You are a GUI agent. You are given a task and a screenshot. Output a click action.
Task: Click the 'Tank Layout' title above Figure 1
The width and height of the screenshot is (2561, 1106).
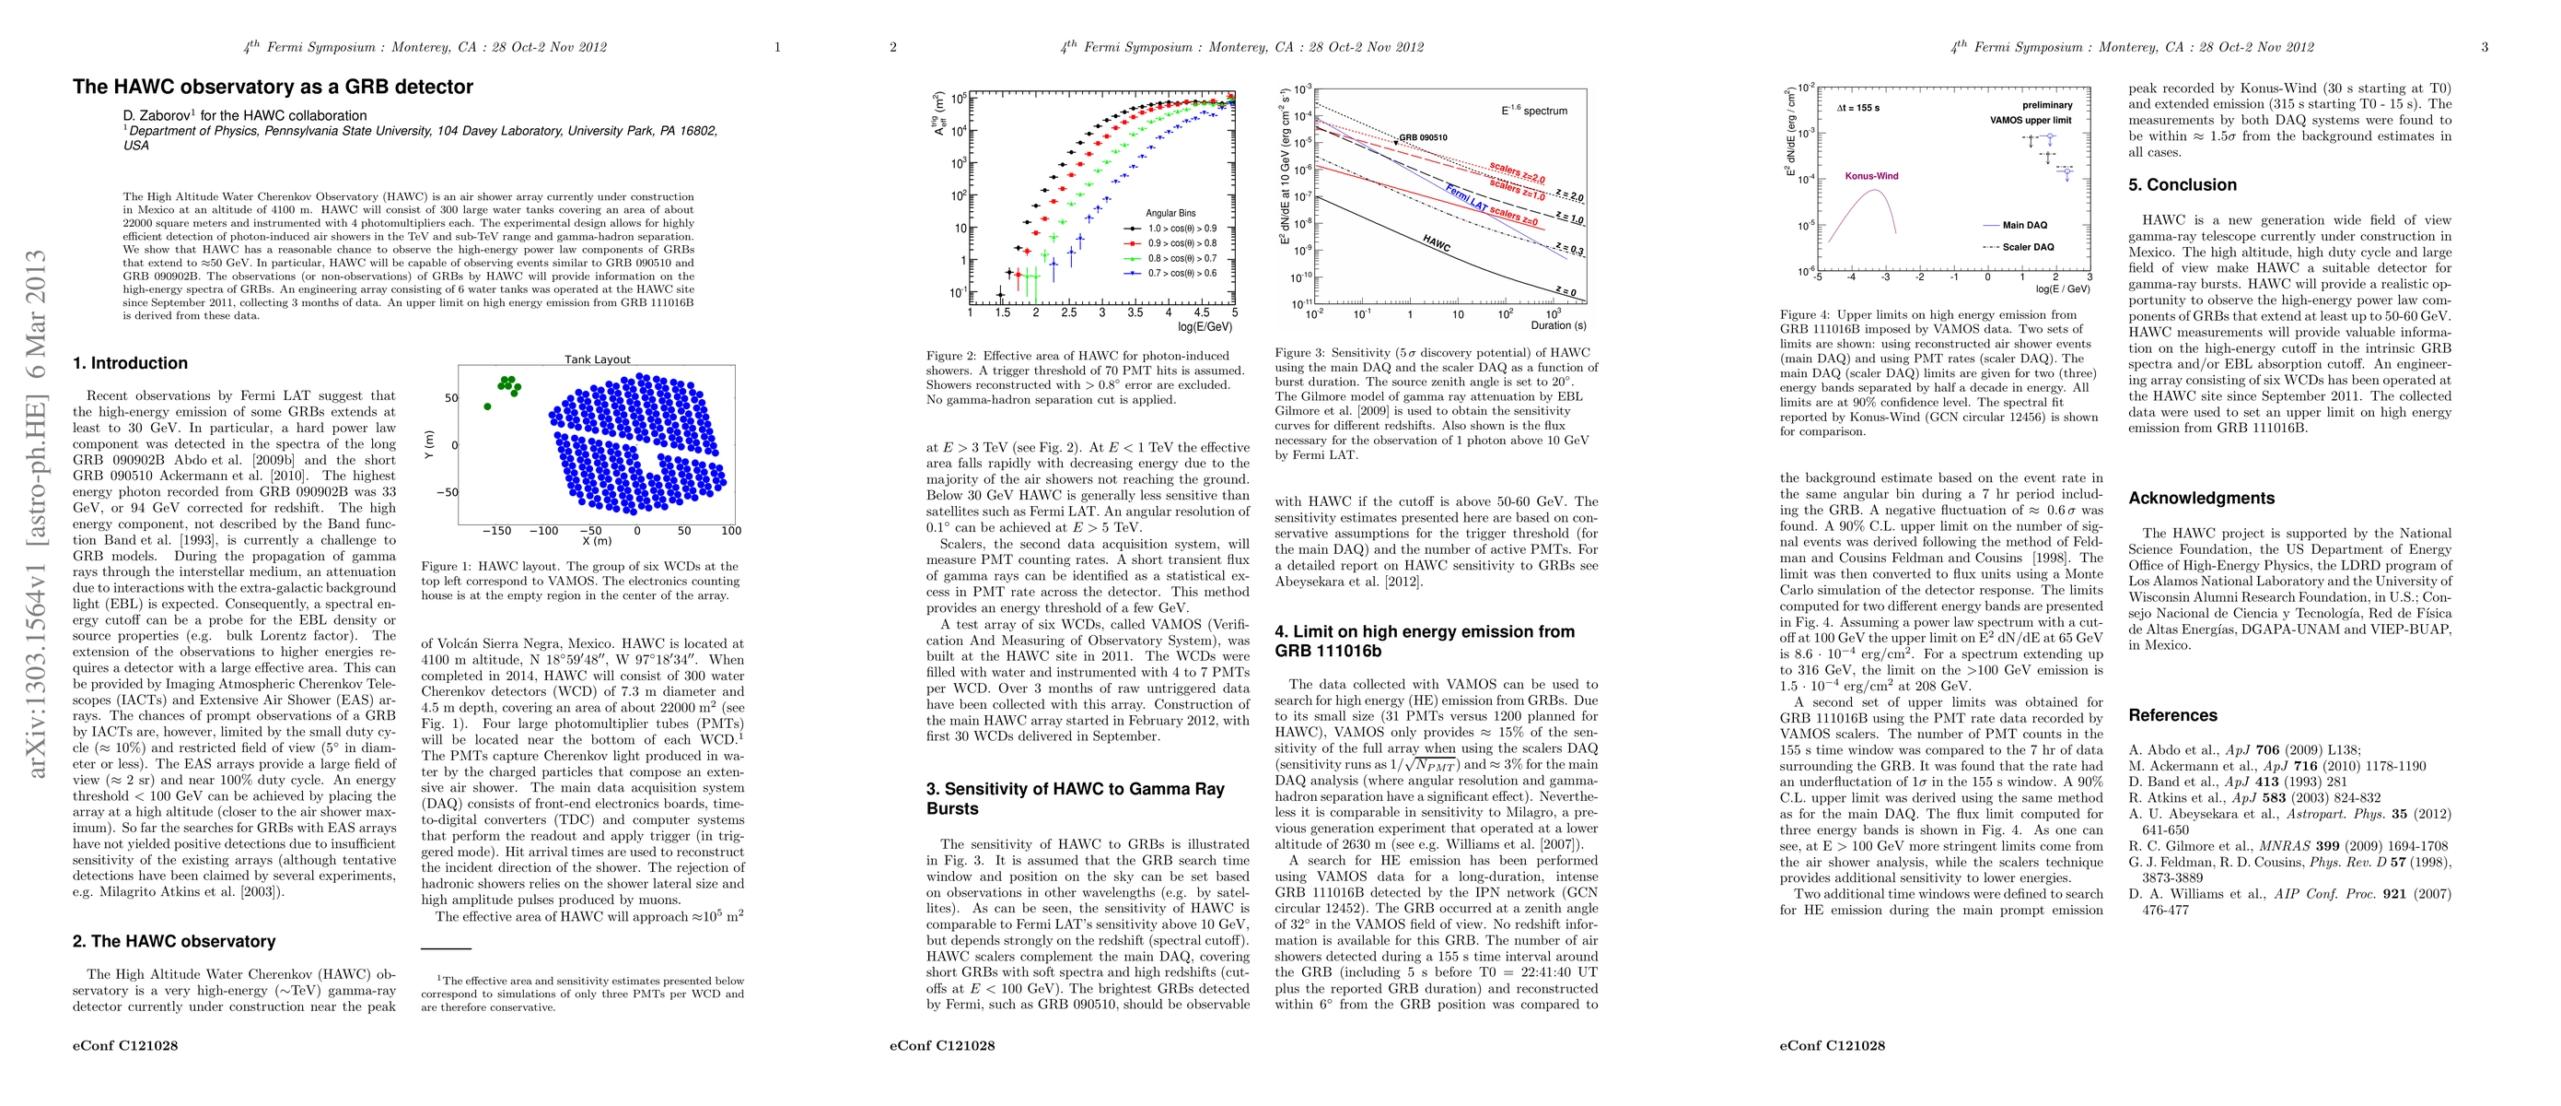pyautogui.click(x=597, y=360)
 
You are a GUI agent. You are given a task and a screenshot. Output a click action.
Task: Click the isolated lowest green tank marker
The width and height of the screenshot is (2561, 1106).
pyautogui.click(x=487, y=406)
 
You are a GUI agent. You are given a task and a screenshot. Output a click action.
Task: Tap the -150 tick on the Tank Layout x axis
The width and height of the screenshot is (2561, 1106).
pyautogui.click(x=496, y=531)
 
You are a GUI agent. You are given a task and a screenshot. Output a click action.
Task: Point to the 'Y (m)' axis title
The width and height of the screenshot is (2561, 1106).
pyautogui.click(x=428, y=444)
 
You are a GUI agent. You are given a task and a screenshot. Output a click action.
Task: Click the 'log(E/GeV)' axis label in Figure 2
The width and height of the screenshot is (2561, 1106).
pyautogui.click(x=1205, y=326)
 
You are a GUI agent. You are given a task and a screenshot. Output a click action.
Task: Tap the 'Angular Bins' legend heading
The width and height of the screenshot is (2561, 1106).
pyautogui.click(x=1170, y=213)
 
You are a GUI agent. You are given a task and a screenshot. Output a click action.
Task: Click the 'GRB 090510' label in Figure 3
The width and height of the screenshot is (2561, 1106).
pyautogui.click(x=1423, y=137)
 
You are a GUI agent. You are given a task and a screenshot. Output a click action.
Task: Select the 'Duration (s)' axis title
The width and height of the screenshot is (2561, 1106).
pyautogui.click(x=1558, y=325)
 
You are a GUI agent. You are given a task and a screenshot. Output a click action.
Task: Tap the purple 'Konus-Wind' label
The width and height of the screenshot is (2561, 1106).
pyautogui.click(x=1871, y=176)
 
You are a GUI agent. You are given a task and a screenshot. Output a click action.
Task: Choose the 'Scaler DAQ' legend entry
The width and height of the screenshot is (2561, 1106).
pyautogui.click(x=2028, y=247)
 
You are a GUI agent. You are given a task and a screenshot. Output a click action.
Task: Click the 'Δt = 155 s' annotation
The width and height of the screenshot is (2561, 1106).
pyautogui.click(x=1858, y=108)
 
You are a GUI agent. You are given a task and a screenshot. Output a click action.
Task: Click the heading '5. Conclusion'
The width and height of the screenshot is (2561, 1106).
pyautogui.click(x=2182, y=185)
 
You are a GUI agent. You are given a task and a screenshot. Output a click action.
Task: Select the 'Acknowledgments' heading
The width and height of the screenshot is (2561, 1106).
pyautogui.click(x=2200, y=499)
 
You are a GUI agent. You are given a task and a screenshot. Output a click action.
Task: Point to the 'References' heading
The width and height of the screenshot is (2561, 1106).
pyautogui.click(x=2172, y=715)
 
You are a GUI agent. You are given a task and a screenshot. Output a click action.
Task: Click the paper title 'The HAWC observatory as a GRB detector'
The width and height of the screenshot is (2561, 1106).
pyautogui.click(x=273, y=87)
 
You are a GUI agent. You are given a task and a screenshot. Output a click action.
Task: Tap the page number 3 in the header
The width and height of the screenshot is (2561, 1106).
pyautogui.click(x=2484, y=47)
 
